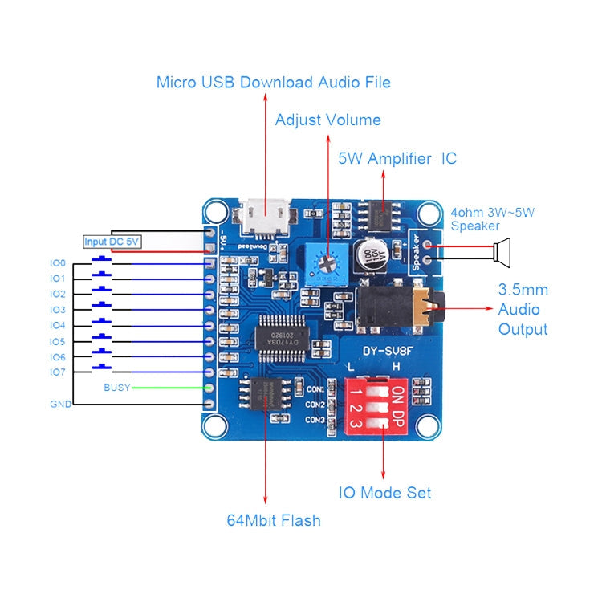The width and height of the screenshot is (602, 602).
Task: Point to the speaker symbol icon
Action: click(502, 250)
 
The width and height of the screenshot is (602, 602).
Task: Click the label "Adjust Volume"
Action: click(327, 120)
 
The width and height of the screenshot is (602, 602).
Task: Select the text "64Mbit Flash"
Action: click(273, 520)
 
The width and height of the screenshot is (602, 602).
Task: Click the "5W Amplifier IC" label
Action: click(397, 159)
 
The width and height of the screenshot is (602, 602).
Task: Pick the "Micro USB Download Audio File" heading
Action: click(273, 82)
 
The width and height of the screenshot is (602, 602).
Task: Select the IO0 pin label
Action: click(57, 262)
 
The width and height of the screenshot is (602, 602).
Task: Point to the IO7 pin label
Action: click(57, 372)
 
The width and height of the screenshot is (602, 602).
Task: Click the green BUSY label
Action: click(116, 388)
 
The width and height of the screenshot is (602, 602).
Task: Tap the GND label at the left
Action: click(60, 404)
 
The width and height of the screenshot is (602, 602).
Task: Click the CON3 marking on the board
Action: click(315, 420)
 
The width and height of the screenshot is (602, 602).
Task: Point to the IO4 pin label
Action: click(57, 325)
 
